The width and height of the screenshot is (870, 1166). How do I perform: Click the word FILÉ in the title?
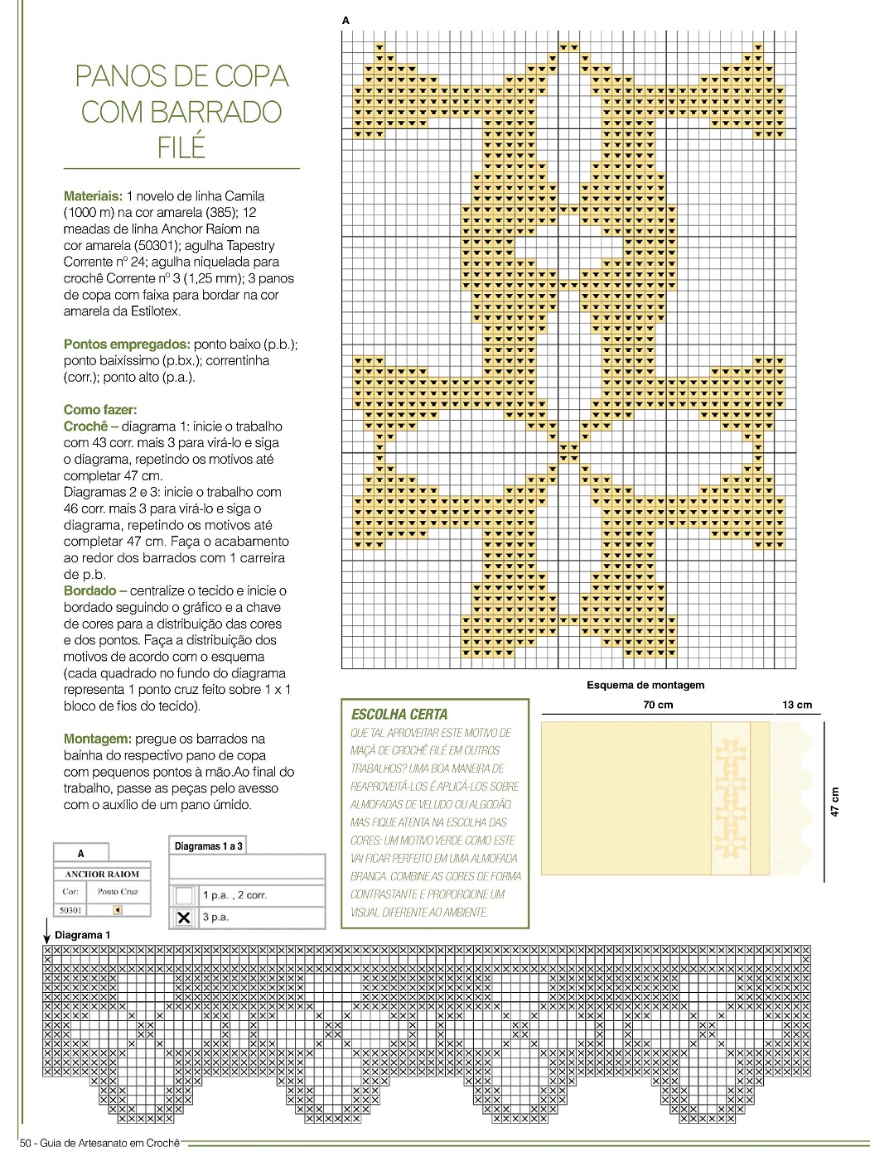click(181, 147)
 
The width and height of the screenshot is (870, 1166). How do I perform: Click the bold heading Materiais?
click(93, 196)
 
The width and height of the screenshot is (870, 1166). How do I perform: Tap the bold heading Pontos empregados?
click(127, 344)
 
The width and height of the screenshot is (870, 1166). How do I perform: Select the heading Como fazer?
click(100, 409)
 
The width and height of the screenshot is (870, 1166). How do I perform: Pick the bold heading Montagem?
click(97, 739)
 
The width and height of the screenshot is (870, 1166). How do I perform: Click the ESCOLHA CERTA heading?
click(399, 714)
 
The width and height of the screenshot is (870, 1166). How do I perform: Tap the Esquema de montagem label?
click(645, 685)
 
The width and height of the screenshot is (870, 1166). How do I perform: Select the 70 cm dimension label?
click(658, 705)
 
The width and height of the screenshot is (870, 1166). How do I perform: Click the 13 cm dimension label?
click(797, 705)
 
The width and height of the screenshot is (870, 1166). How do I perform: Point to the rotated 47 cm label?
click(834, 802)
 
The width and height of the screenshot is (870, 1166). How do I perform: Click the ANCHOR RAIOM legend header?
click(102, 874)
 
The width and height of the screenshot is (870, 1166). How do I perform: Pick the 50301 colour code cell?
click(70, 909)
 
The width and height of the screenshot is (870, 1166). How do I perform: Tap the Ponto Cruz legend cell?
click(118, 891)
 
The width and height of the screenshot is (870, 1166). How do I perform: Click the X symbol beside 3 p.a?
click(184, 918)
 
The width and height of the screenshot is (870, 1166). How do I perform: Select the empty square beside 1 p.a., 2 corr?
click(184, 895)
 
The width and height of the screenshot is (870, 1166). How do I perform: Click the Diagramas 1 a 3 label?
click(209, 846)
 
